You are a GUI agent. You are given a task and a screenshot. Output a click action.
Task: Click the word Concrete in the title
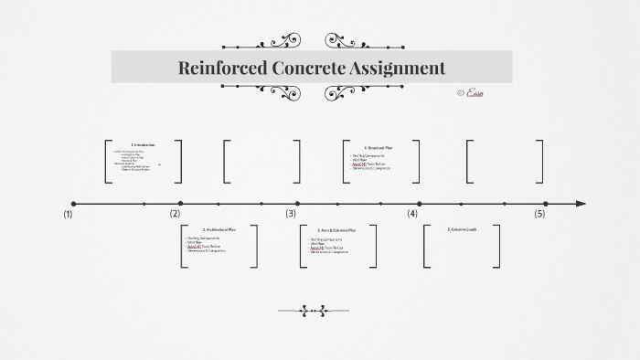pyautogui.click(x=311, y=68)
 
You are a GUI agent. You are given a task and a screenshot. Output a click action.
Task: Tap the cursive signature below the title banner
pyautogui.click(x=473, y=93)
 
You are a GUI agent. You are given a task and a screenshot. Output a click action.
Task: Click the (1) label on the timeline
pyautogui.click(x=68, y=214)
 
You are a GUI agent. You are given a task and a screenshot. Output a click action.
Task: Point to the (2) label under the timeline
pyautogui.click(x=175, y=214)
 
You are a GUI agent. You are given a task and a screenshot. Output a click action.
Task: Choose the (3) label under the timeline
pyautogui.click(x=291, y=214)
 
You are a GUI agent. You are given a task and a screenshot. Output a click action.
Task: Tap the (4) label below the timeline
pyautogui.click(x=412, y=214)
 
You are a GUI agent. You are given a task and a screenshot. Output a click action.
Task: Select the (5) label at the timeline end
pyautogui.click(x=539, y=214)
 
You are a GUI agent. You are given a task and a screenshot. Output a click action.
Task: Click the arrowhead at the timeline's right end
pyautogui.click(x=581, y=204)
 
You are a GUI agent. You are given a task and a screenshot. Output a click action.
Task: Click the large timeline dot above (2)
pyautogui.click(x=180, y=204)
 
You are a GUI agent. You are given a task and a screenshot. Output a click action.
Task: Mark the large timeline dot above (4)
pyautogui.click(x=420, y=204)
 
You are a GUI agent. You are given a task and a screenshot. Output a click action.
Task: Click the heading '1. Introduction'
pyautogui.click(x=143, y=145)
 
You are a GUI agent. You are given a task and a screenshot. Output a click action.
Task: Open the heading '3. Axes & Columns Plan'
pyautogui.click(x=337, y=230)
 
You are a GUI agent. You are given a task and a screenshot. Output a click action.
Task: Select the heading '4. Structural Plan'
pyautogui.click(x=378, y=147)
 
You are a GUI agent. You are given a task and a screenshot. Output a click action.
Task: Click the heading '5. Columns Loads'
pyautogui.click(x=462, y=229)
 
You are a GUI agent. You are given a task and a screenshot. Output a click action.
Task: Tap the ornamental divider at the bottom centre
pyautogui.click(x=314, y=312)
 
